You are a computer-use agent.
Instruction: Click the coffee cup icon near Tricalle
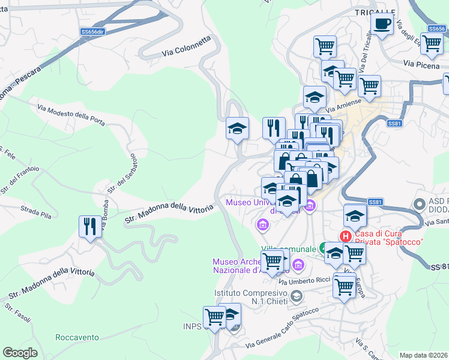click(x=382, y=25)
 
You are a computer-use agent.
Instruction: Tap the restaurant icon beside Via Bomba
click(x=90, y=227)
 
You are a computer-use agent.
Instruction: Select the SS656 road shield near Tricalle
click(x=437, y=28)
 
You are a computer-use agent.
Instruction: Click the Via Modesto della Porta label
click(x=71, y=115)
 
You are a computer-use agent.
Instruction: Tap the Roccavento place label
click(x=77, y=337)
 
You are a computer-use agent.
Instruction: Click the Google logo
click(x=20, y=353)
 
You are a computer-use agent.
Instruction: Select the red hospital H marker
click(x=345, y=236)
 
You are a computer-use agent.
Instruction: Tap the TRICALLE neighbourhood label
click(x=375, y=12)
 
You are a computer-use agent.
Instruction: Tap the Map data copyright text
click(x=424, y=355)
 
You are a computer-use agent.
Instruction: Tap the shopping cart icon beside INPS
click(x=214, y=316)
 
